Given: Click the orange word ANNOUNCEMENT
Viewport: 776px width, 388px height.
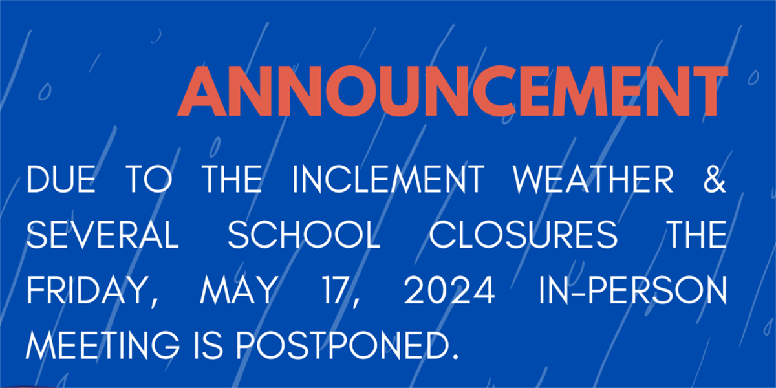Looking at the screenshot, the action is [x=453, y=91].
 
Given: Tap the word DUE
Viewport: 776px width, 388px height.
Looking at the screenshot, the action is [x=61, y=179].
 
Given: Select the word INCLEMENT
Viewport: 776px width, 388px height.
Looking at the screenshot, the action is [x=388, y=179].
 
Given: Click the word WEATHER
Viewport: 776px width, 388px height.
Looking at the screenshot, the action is [x=593, y=179].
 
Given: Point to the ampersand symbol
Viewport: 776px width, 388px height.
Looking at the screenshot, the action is [x=715, y=179].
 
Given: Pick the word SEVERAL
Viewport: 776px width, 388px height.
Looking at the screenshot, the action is [x=103, y=235].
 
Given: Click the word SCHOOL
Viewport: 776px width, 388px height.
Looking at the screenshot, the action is [x=304, y=235].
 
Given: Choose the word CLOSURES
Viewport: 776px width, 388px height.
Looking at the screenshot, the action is [x=523, y=235].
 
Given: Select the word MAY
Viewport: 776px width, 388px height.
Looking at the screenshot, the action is [x=239, y=290].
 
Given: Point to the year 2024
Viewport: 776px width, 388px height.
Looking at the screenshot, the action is [x=449, y=290].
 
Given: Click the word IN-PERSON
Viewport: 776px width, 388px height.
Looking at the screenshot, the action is [x=632, y=290].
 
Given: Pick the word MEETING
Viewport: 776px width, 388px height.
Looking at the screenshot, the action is [x=103, y=345].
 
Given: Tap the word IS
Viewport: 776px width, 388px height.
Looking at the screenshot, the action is [x=208, y=345].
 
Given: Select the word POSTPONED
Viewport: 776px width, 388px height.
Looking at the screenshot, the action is [x=342, y=345].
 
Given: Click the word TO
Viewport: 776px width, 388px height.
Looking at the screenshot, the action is [x=149, y=179].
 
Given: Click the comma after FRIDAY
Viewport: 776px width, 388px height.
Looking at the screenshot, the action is [x=155, y=303].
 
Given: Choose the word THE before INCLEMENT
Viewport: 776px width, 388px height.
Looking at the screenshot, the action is [x=232, y=179].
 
